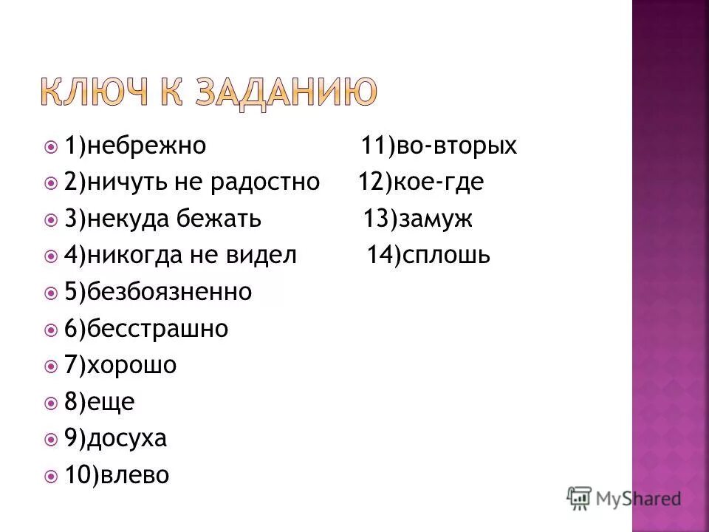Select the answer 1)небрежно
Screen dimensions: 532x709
click(x=134, y=146)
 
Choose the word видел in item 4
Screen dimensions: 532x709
click(x=261, y=256)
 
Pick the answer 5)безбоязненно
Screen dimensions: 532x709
click(x=157, y=293)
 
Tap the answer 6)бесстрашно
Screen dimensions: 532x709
click(x=145, y=329)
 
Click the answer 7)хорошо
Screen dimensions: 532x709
click(x=120, y=365)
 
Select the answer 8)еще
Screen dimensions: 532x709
click(x=99, y=402)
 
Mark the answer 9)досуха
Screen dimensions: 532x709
click(x=115, y=439)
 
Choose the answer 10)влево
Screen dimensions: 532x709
click(x=117, y=475)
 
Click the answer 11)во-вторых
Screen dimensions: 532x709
click(x=439, y=146)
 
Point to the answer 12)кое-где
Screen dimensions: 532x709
click(x=421, y=182)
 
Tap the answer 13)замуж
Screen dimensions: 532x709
click(x=417, y=219)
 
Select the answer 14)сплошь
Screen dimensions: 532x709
click(x=428, y=256)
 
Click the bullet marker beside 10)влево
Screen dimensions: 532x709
click(x=50, y=475)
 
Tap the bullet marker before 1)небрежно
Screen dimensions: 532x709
click(x=50, y=146)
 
